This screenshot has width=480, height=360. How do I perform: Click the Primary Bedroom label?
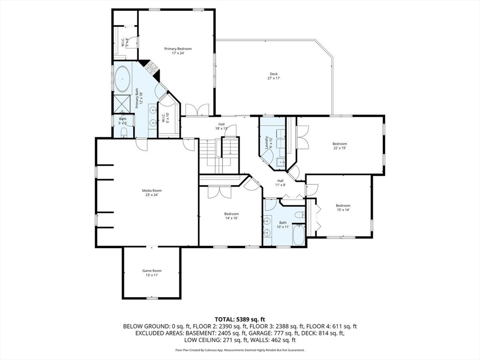click(x=178, y=51)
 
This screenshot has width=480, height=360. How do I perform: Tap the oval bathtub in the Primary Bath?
click(x=122, y=79)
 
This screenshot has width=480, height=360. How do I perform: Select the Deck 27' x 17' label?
click(x=274, y=76)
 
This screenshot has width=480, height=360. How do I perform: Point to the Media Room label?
click(x=151, y=193)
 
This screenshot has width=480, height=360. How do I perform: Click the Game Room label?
click(x=152, y=273)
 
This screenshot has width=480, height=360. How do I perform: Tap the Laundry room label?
click(x=269, y=142)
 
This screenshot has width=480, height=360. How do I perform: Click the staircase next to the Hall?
click(x=219, y=155)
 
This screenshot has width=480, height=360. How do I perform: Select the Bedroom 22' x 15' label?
click(x=340, y=146)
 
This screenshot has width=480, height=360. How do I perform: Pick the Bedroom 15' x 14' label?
click(x=343, y=208)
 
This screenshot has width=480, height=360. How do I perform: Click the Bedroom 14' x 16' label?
click(x=232, y=216)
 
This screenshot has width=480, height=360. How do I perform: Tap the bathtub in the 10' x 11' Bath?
click(x=299, y=235)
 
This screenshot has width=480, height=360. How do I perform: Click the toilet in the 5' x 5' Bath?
click(x=124, y=132)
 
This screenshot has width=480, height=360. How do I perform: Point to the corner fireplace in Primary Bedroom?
click(x=150, y=69)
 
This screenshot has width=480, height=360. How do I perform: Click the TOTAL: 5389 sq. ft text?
click(x=240, y=320)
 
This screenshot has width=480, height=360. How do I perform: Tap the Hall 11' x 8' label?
click(x=280, y=183)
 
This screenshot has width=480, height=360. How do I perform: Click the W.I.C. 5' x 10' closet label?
click(x=165, y=118)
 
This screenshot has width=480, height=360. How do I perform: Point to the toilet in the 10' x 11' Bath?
click(x=300, y=215)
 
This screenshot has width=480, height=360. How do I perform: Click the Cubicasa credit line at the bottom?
click(x=240, y=350)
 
